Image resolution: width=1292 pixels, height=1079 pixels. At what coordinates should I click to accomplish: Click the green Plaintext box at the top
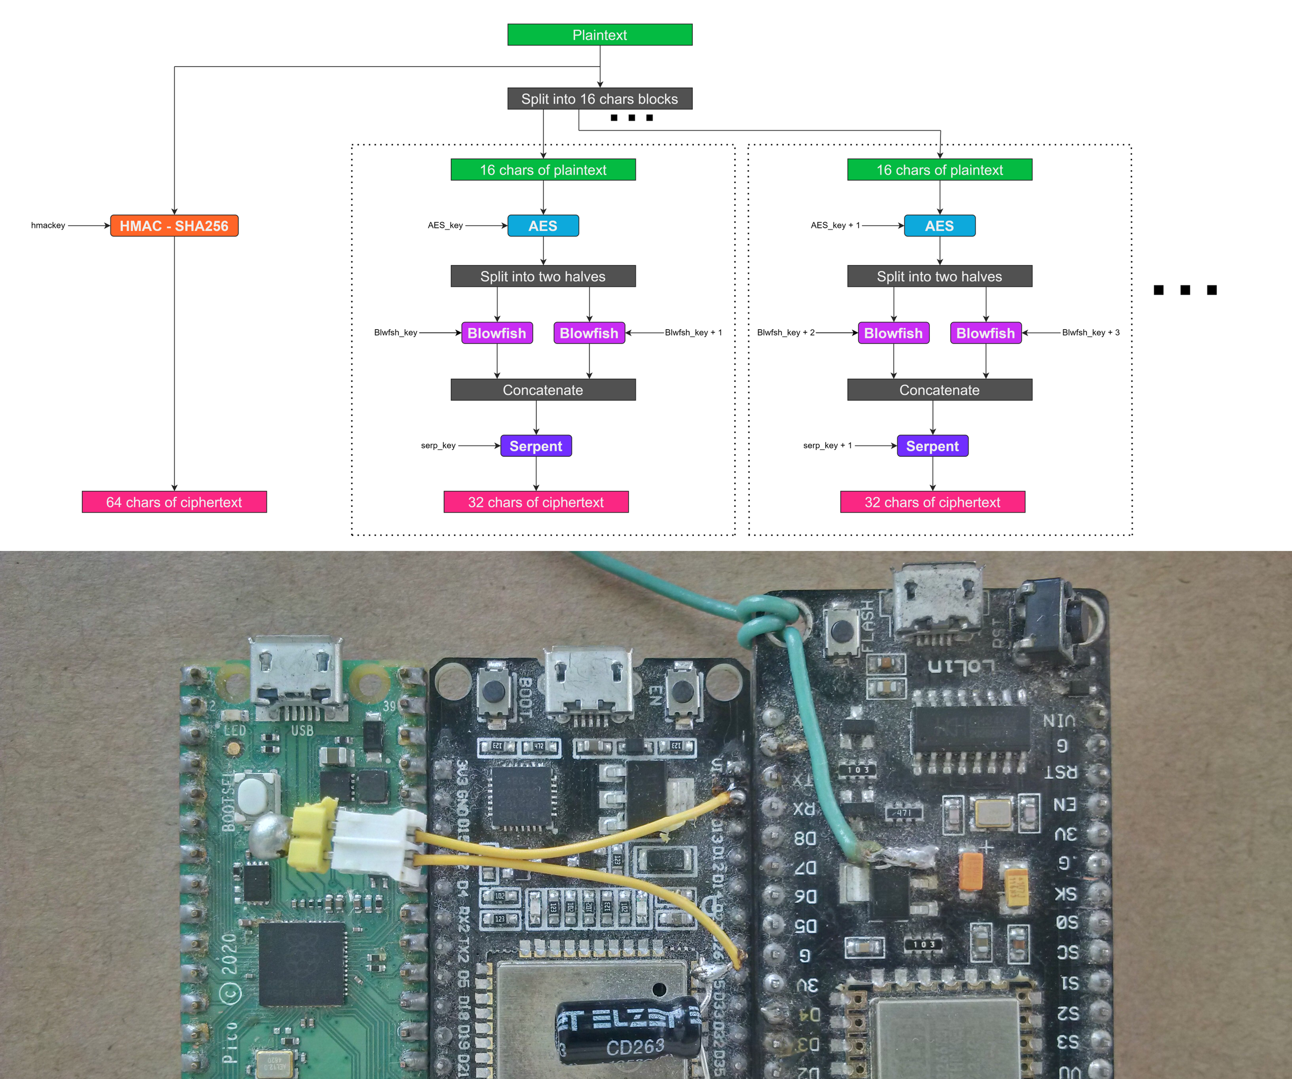[599, 34]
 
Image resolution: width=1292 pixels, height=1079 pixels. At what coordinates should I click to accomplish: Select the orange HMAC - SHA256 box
[174, 226]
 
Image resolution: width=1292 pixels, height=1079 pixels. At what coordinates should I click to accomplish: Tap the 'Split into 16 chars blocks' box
[599, 99]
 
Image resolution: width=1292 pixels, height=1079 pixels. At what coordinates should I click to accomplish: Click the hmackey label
[48, 225]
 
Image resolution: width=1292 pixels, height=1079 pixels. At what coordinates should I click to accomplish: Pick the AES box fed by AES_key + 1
[939, 226]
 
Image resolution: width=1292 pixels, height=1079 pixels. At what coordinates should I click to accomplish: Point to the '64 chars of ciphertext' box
[174, 502]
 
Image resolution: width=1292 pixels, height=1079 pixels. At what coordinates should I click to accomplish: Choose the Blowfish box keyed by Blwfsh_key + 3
[985, 333]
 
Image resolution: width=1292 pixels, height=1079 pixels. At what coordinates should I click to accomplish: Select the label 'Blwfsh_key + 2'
[785, 332]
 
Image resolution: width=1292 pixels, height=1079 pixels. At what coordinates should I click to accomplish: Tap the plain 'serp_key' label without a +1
[438, 445]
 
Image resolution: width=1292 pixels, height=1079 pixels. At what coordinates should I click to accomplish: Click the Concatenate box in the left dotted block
[543, 389]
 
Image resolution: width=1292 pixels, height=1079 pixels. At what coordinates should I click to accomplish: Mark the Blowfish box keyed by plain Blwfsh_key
[496, 333]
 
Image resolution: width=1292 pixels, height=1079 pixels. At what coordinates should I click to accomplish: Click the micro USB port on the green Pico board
[296, 674]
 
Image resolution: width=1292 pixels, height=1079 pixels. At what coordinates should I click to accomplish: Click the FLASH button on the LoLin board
[840, 630]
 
